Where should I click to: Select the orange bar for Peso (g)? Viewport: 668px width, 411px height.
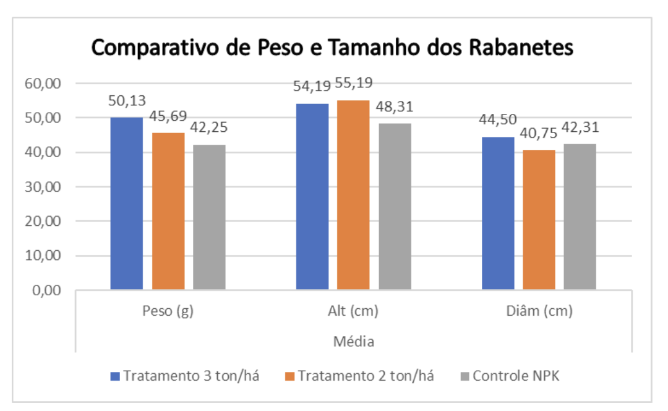point(168,210)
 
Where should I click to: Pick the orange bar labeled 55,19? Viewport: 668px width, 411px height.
point(353,194)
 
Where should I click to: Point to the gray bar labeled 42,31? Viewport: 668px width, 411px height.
point(580,217)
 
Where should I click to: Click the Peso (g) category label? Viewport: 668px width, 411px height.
point(168,311)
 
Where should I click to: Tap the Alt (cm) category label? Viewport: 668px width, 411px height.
point(353,311)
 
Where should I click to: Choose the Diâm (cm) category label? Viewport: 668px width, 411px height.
point(539,311)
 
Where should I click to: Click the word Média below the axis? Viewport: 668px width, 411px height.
point(353,341)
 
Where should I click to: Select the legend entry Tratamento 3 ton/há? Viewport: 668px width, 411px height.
point(184,376)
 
